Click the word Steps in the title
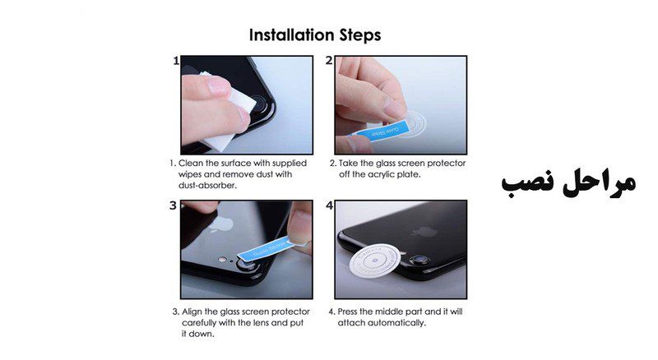[x=360, y=35]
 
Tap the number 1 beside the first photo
[x=176, y=61]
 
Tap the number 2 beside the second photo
[x=329, y=61]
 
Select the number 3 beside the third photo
[x=174, y=205]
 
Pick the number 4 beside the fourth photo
[x=330, y=205]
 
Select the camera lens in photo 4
[x=419, y=261]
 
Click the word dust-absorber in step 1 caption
[x=208, y=186]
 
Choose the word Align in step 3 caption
[x=191, y=312]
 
